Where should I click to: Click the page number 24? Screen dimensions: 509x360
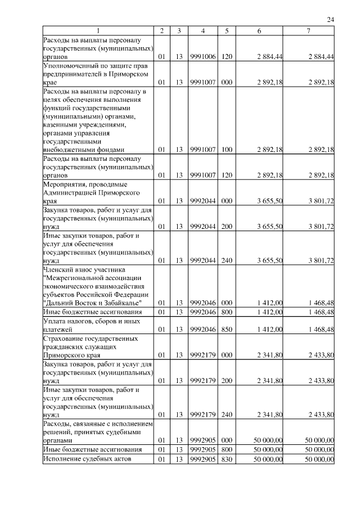[x=331, y=20]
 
